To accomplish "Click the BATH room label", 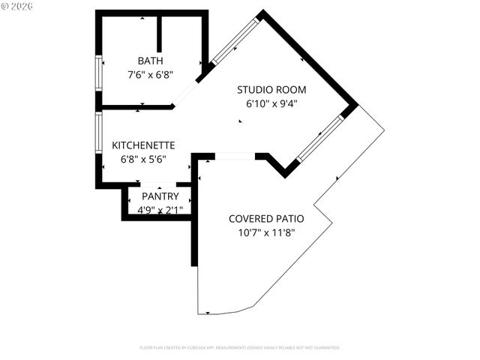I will click(150, 61).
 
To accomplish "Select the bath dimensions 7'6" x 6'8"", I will click(150, 74).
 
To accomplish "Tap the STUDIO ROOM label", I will click(271, 90).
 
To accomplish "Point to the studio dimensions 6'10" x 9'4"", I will click(271, 103).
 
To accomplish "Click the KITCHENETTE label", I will click(143, 145).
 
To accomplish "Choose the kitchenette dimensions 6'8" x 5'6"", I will click(143, 158).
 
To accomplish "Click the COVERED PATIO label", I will click(266, 219).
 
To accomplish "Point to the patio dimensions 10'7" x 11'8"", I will click(266, 232).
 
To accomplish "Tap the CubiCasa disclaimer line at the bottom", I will click(240, 348).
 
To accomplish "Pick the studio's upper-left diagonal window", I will click(235, 42).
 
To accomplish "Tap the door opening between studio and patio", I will click(235, 156).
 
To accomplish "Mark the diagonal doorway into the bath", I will click(185, 94).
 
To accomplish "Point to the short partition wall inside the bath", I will click(159, 33).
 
